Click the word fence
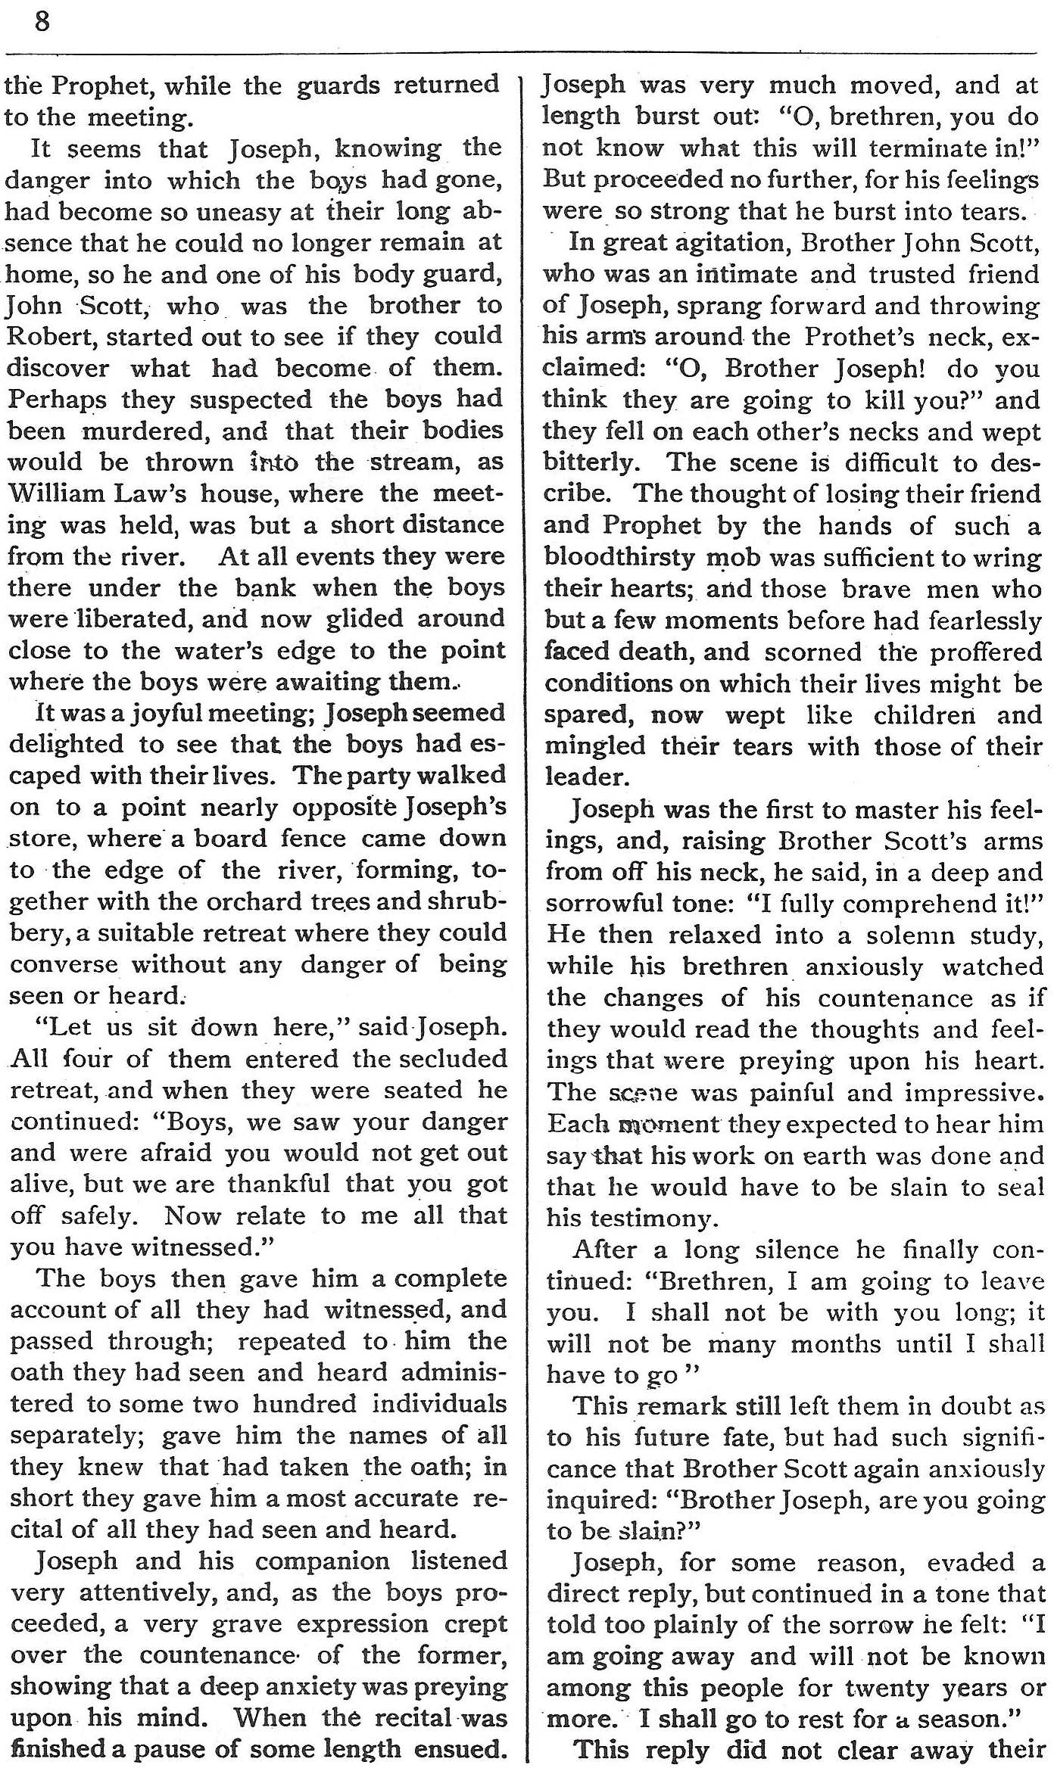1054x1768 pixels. (x=292, y=839)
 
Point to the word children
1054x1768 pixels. (x=923, y=714)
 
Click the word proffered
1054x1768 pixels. (x=985, y=652)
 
